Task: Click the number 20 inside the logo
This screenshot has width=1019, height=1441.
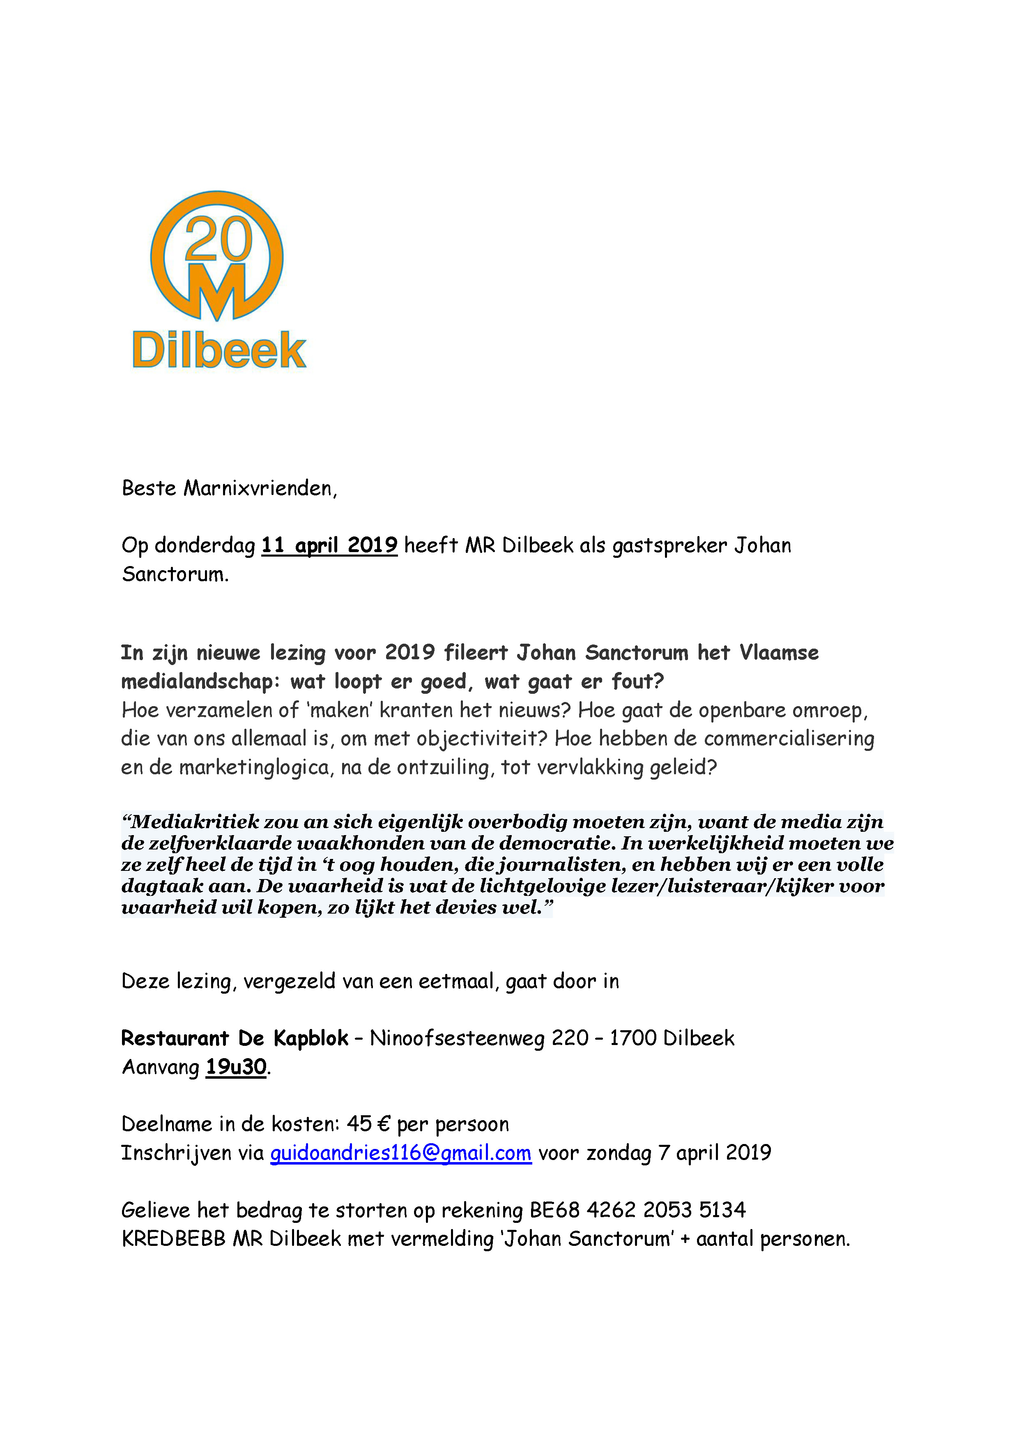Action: point(219,239)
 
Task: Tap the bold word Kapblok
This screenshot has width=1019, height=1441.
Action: point(311,1038)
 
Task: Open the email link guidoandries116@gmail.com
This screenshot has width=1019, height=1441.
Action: point(401,1153)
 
